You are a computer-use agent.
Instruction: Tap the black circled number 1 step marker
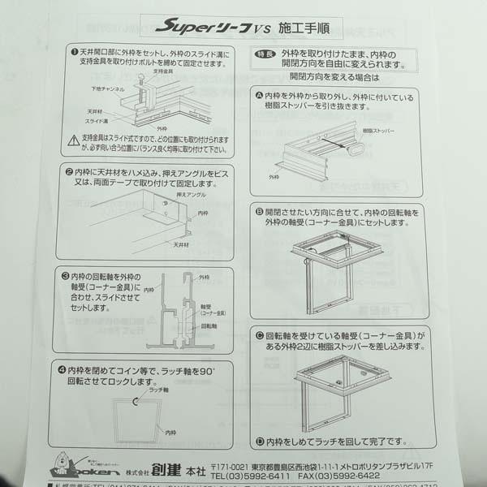73,50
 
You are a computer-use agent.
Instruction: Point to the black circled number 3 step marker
65,276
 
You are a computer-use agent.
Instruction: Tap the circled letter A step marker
259,97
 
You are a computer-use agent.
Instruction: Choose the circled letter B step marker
259,210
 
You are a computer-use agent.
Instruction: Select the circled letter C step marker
259,334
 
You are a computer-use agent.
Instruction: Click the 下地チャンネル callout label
107,90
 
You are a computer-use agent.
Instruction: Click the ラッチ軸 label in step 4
157,390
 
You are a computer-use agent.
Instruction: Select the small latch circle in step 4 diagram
136,401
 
